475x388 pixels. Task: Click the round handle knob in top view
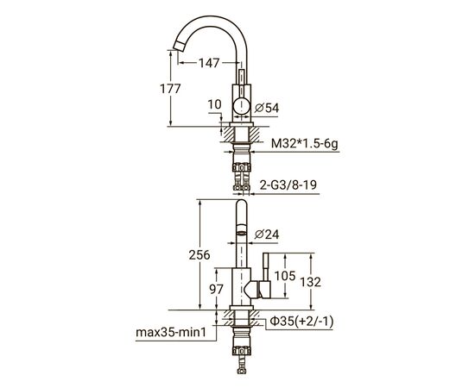click(244, 106)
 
